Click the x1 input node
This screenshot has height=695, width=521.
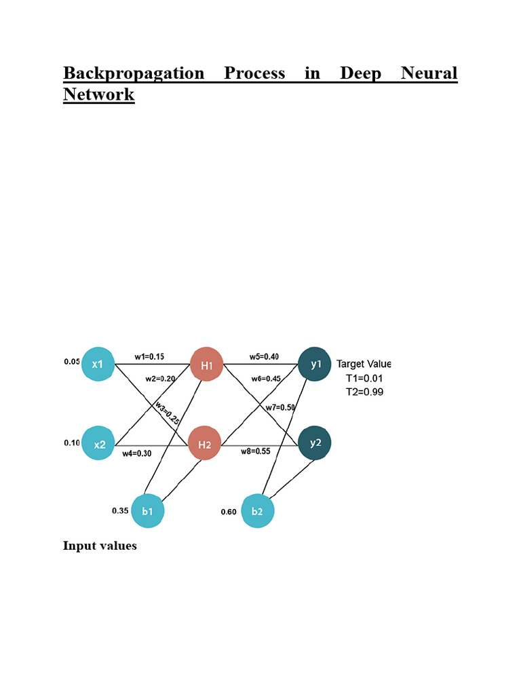click(98, 364)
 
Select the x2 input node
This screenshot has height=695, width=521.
click(99, 444)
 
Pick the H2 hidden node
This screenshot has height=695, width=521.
click(205, 445)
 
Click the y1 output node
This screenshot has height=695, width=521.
click(315, 364)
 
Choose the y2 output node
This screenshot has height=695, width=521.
click(315, 443)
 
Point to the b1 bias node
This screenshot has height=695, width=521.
click(148, 510)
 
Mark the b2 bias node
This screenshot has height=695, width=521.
click(257, 511)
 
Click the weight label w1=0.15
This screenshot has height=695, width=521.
click(149, 356)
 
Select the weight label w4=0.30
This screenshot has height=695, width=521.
click(137, 453)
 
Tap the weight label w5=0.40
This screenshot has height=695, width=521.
click(264, 356)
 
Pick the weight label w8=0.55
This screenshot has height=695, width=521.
click(256, 451)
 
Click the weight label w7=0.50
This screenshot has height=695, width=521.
click(279, 407)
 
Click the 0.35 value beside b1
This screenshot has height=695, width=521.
click(120, 510)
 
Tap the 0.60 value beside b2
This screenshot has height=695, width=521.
click(229, 512)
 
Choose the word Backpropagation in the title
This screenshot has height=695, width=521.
click(134, 73)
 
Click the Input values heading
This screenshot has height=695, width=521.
click(100, 546)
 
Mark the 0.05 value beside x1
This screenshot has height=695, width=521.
click(72, 362)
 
